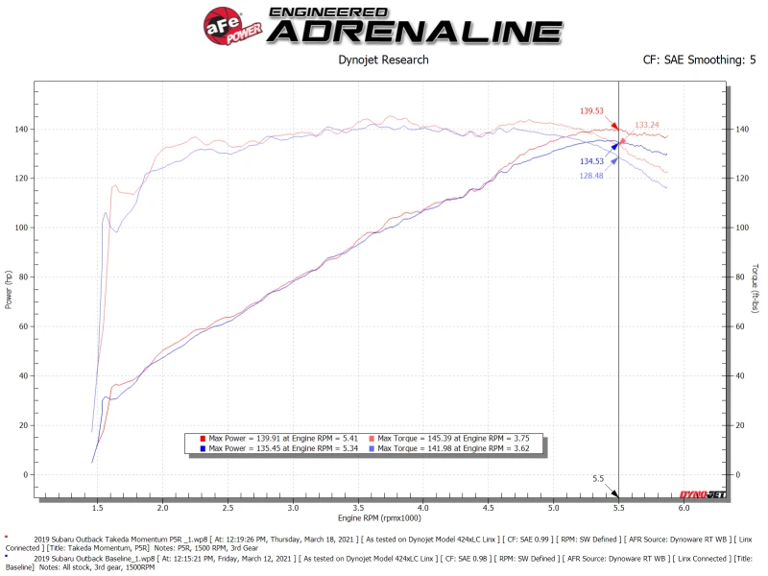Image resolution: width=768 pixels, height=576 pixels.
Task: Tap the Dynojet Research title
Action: (x=383, y=60)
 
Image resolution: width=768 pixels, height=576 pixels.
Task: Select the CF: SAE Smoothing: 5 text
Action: (x=699, y=60)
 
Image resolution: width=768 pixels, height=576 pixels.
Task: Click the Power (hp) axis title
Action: (x=9, y=287)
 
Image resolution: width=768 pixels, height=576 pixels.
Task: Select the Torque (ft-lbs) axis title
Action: (x=756, y=287)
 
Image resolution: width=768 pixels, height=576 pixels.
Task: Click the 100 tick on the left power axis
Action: (x=23, y=228)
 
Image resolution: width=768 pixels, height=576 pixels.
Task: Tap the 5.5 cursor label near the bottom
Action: (x=597, y=478)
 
